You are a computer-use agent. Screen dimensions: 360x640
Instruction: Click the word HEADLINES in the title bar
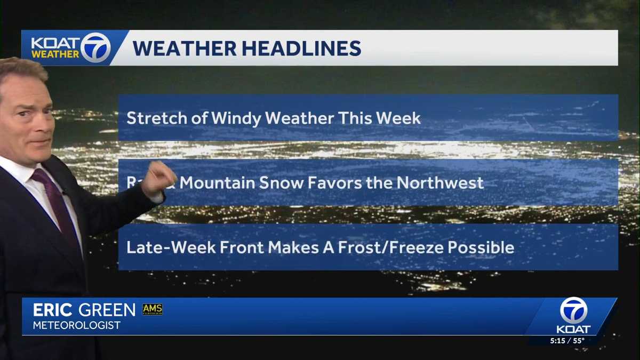click(x=301, y=48)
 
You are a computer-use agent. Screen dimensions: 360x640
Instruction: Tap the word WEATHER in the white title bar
click(x=184, y=48)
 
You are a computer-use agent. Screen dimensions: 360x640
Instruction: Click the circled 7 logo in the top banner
click(x=96, y=47)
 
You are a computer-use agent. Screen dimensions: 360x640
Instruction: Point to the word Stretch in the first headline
click(x=153, y=118)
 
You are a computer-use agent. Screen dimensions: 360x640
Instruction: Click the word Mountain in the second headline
click(x=217, y=183)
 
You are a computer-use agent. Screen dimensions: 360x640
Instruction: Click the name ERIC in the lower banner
click(x=53, y=310)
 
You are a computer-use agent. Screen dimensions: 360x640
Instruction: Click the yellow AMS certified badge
click(x=152, y=309)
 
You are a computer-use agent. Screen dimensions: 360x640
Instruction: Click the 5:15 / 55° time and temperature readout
click(x=567, y=340)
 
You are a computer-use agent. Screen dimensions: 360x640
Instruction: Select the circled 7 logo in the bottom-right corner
click(x=573, y=310)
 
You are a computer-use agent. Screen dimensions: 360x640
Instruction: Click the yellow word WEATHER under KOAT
click(x=55, y=54)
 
